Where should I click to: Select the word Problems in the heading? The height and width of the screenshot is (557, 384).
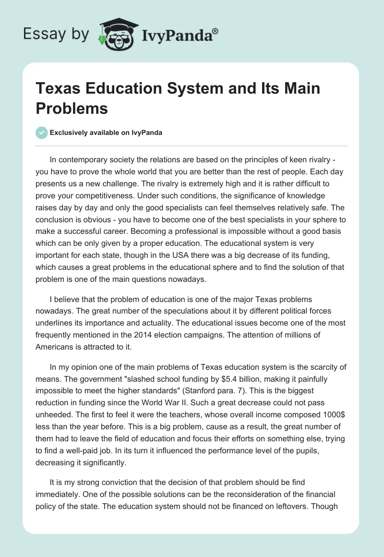point(72,108)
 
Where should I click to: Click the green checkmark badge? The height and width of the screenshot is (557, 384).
point(42,133)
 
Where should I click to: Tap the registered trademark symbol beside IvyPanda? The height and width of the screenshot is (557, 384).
point(216,30)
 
